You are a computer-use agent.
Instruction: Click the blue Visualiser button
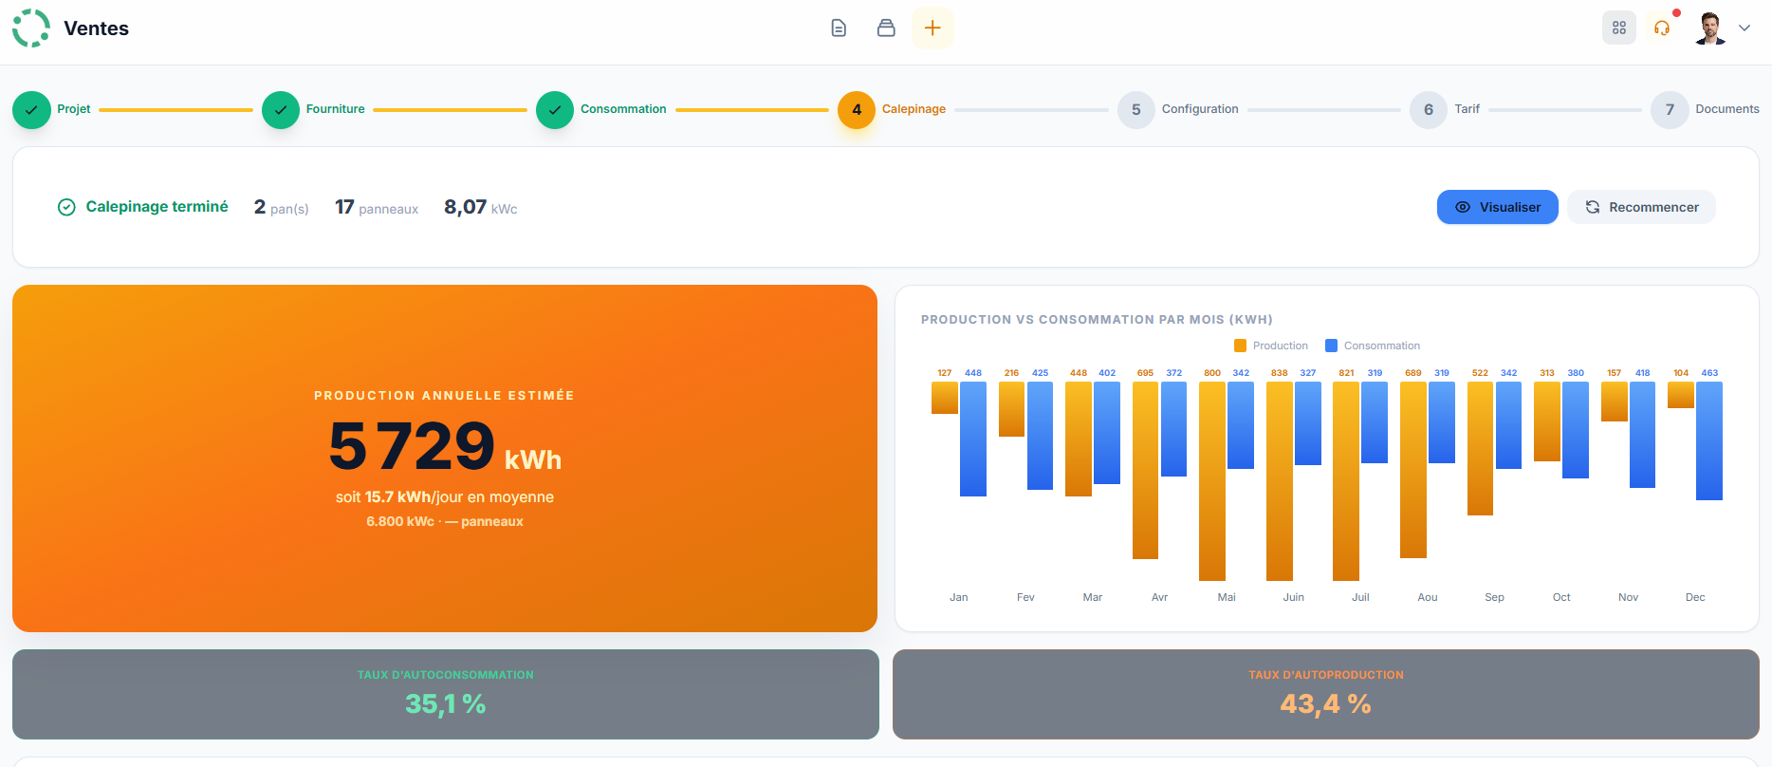tap(1497, 207)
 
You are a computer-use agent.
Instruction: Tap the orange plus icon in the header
tap(932, 28)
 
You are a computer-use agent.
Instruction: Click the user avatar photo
tap(1710, 28)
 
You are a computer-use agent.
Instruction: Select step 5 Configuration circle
tap(1135, 110)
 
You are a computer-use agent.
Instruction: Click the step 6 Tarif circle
tap(1428, 110)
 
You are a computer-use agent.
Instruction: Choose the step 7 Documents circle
tap(1670, 110)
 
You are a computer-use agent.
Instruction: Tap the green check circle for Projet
tap(31, 110)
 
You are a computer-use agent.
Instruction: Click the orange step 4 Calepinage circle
tap(857, 110)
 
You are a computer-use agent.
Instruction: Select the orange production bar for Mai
tap(1212, 480)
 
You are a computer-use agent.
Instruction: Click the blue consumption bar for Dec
tap(1709, 440)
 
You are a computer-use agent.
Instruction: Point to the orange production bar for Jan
tap(945, 398)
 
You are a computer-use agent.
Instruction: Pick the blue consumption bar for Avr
tap(1173, 429)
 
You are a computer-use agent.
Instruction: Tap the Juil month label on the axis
tap(1360, 597)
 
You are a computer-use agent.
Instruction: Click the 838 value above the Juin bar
tap(1280, 373)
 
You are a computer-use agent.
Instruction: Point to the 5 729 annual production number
tap(412, 445)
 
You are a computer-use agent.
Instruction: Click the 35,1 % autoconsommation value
tap(445, 704)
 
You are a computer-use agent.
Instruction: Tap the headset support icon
tap(1662, 28)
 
